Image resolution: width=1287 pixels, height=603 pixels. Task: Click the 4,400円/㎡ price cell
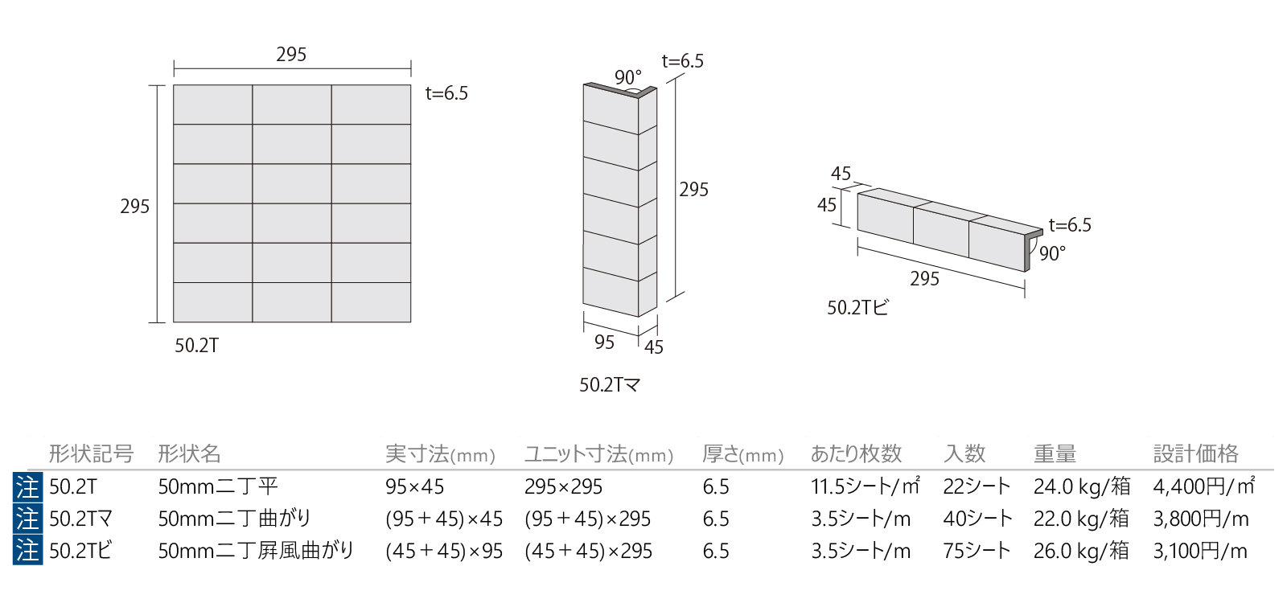pos(1203,486)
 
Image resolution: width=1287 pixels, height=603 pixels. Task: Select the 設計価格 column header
pos(1195,453)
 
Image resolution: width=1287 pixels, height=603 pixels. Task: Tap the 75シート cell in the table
pos(977,551)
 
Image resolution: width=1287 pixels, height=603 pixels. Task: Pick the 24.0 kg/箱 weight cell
pos(1082,486)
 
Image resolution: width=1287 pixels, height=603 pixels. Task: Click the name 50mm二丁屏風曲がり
pos(257,551)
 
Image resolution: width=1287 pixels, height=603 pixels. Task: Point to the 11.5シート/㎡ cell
pos(866,486)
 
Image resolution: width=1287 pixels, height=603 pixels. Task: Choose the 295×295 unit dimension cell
pos(563,487)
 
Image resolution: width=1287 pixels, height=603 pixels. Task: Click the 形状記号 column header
pos(92,453)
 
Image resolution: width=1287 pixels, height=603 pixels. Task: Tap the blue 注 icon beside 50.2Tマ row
pos(27,519)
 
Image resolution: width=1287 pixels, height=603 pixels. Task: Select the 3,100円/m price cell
pos(1200,551)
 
